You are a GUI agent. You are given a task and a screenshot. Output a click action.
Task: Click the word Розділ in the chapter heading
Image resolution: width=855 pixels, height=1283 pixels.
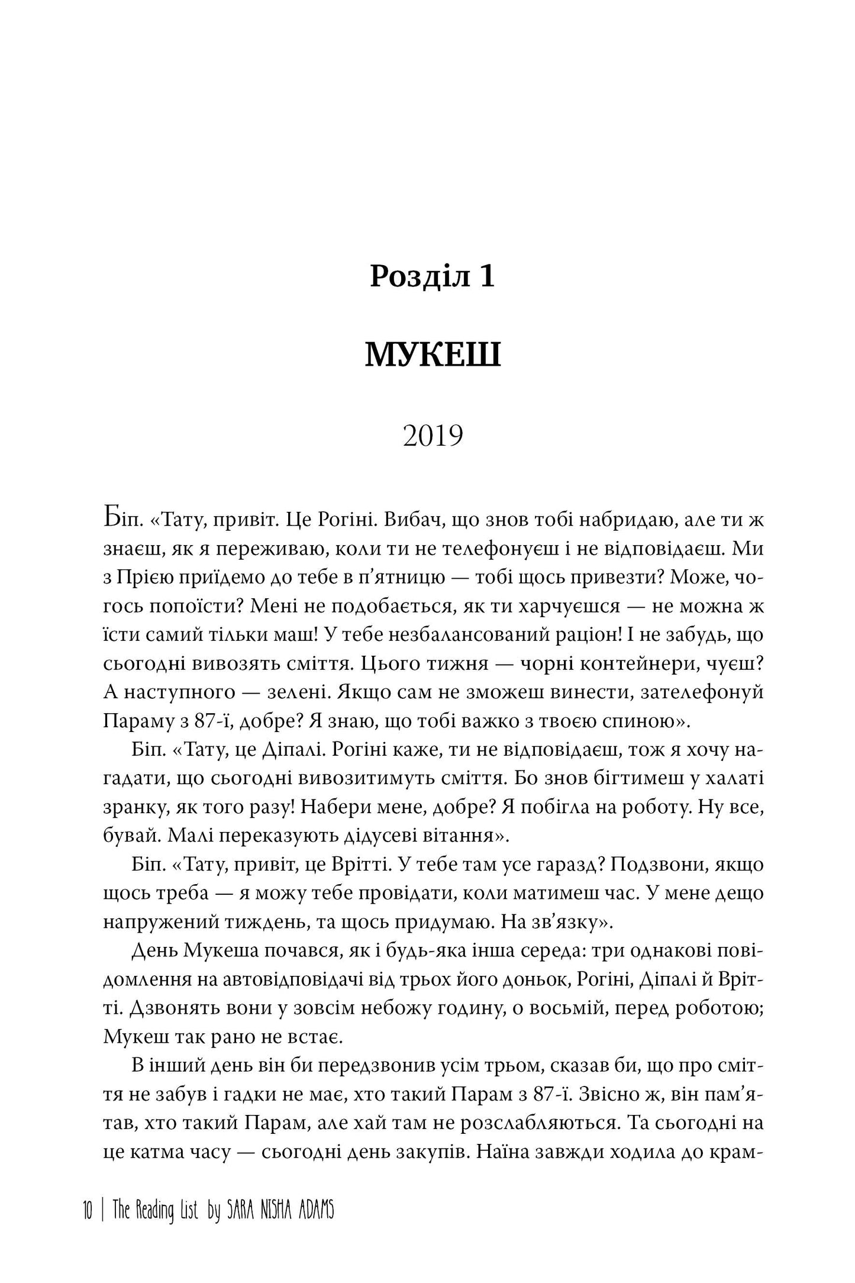(414, 277)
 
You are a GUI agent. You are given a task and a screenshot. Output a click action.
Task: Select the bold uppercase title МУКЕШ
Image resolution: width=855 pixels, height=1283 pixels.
(433, 356)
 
